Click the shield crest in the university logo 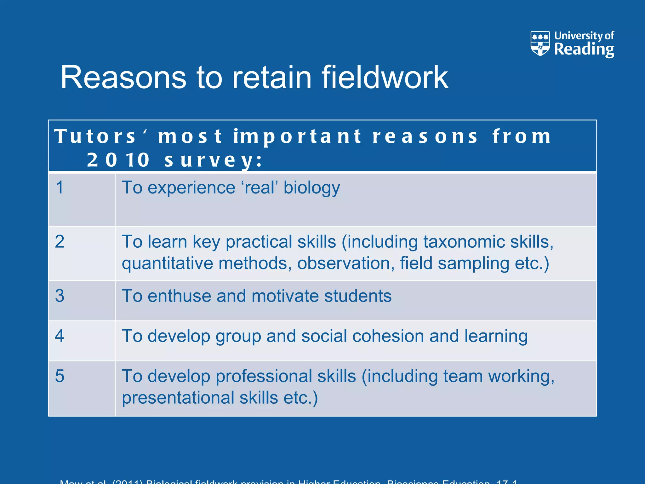540,43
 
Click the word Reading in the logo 584,49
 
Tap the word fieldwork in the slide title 385,78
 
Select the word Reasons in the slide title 123,78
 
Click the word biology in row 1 311,188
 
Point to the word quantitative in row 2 167,263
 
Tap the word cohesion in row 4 388,336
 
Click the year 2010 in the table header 118,160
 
